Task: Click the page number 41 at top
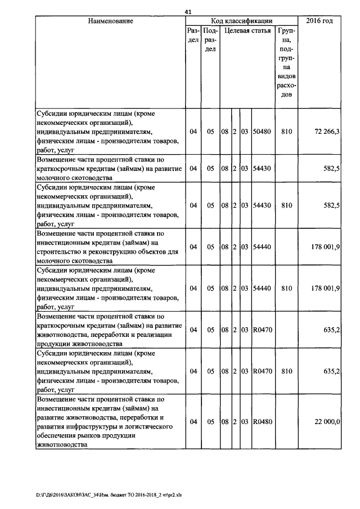(188, 12)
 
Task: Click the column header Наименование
(110, 21)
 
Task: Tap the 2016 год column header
(319, 21)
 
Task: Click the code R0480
(262, 422)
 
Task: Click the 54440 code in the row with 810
(262, 289)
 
